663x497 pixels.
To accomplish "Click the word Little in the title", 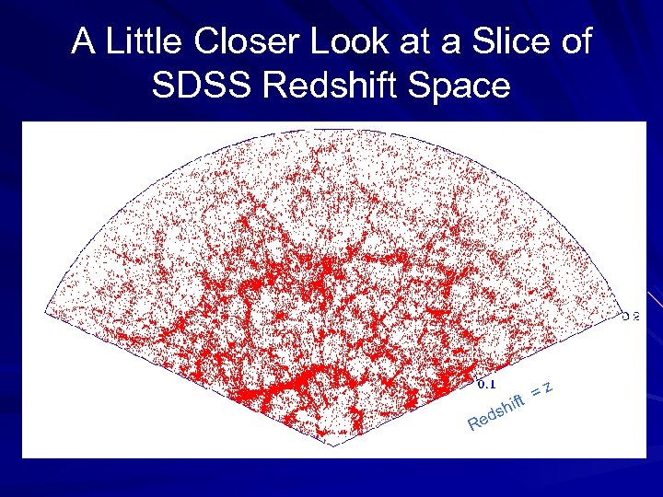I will (x=138, y=42).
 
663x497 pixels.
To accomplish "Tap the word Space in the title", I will (x=466, y=86).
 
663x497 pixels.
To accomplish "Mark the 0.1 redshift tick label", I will (x=487, y=381).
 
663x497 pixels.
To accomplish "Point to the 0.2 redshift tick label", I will (x=630, y=317).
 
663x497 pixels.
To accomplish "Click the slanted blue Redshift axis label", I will (x=496, y=413).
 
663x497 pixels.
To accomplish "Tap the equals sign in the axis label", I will (x=534, y=394).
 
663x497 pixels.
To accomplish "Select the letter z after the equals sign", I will (x=547, y=387).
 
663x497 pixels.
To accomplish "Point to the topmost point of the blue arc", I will (x=331, y=129).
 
